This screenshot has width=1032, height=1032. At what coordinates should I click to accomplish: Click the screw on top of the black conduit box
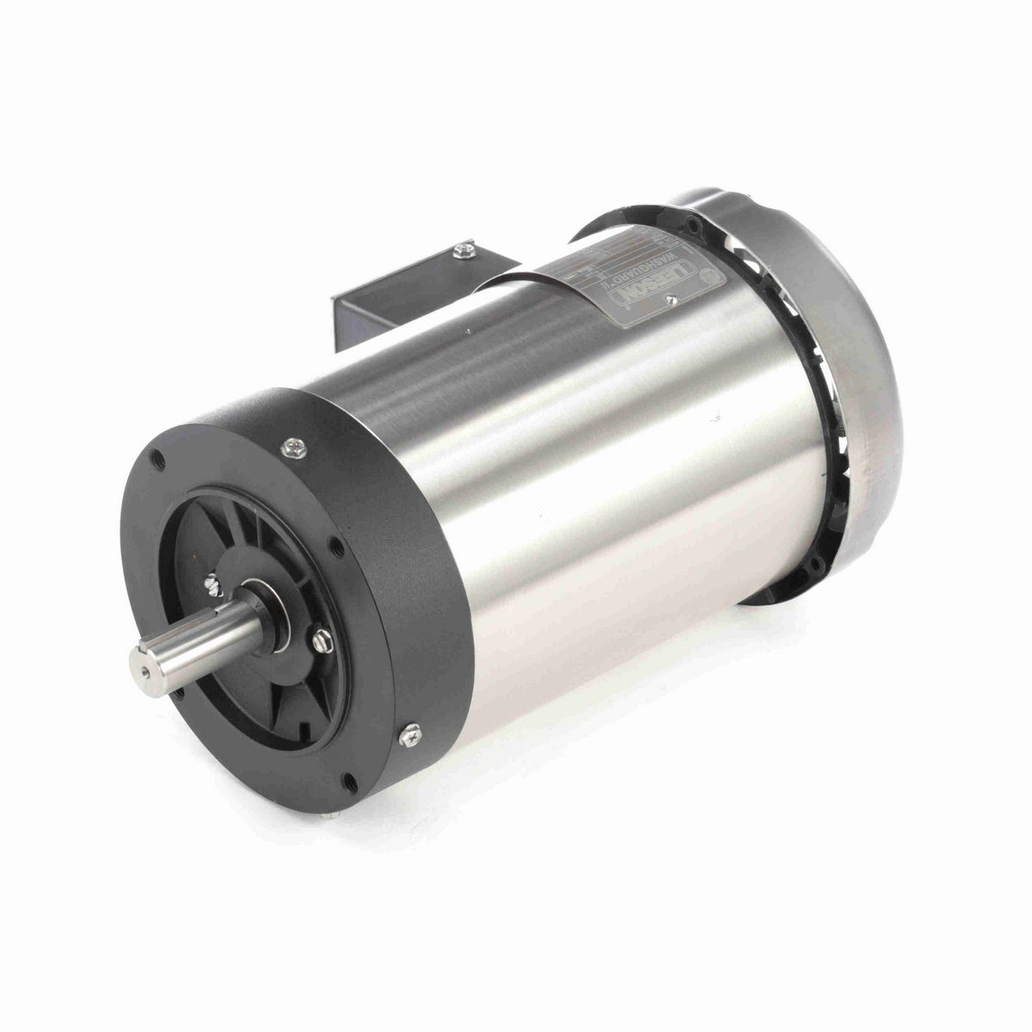[x=465, y=249]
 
